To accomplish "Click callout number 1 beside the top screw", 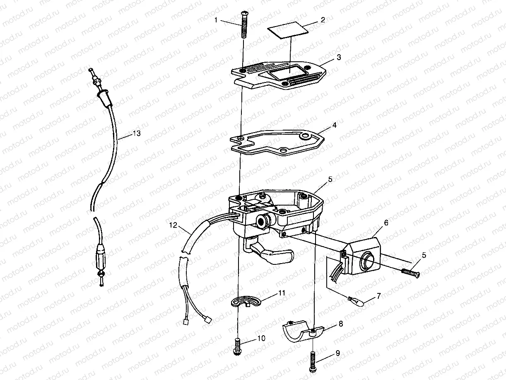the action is click(216, 20).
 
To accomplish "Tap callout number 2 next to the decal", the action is click(323, 20).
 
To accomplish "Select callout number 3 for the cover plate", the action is click(339, 57).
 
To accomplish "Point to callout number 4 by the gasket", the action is click(334, 125).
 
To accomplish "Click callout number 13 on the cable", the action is click(137, 133).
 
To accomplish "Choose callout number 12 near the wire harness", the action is click(173, 225).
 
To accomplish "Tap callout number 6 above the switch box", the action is click(386, 223).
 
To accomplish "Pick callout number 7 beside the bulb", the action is click(379, 296).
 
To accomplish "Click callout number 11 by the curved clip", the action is click(282, 293).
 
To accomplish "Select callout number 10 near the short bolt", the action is click(261, 338).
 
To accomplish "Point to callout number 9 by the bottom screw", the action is click(337, 353).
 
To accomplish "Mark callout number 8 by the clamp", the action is click(340, 324).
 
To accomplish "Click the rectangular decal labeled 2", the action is click(288, 30).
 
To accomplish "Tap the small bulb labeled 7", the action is click(356, 301).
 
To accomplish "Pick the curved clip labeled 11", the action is click(246, 301).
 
